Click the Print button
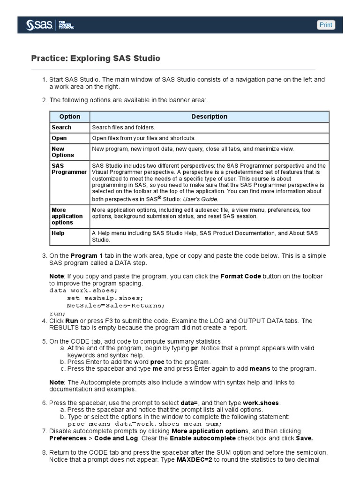(326, 25)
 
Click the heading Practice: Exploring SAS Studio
(95, 59)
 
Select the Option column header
(70, 117)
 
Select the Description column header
(209, 117)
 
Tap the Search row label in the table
(61, 127)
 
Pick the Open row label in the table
(59, 138)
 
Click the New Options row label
(63, 152)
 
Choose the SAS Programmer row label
(69, 169)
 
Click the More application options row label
(67, 216)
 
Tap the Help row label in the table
(58, 233)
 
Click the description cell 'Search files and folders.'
(123, 127)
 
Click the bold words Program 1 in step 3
(86, 256)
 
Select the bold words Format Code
(241, 277)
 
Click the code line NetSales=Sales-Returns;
(116, 305)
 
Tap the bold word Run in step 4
(71, 321)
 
